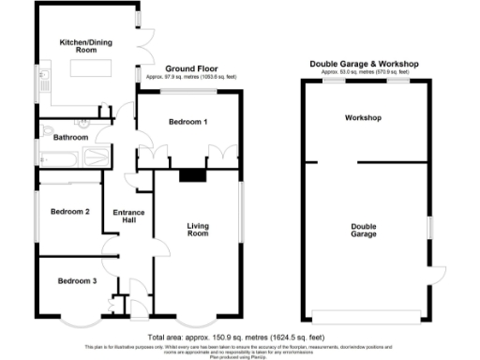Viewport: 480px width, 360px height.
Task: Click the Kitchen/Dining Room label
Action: [x=82, y=46]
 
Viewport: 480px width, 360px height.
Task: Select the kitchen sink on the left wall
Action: [x=42, y=86]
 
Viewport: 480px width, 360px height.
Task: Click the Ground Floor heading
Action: [x=191, y=69]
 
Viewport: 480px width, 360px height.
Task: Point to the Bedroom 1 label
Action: [x=188, y=124]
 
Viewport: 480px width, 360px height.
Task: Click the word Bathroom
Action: [x=70, y=138]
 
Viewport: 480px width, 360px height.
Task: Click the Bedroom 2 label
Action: [x=70, y=211]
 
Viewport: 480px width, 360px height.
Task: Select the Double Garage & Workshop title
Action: [x=365, y=64]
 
